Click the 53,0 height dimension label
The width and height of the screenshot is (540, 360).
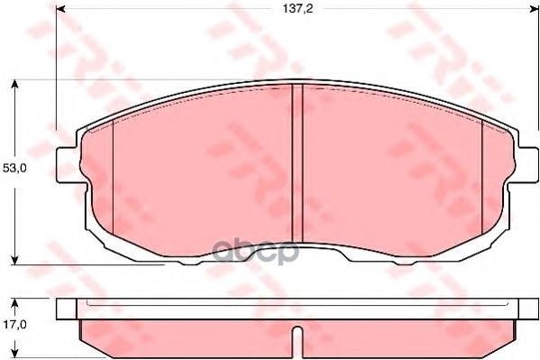[x=12, y=169]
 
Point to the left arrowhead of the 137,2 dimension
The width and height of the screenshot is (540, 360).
[x=60, y=10]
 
